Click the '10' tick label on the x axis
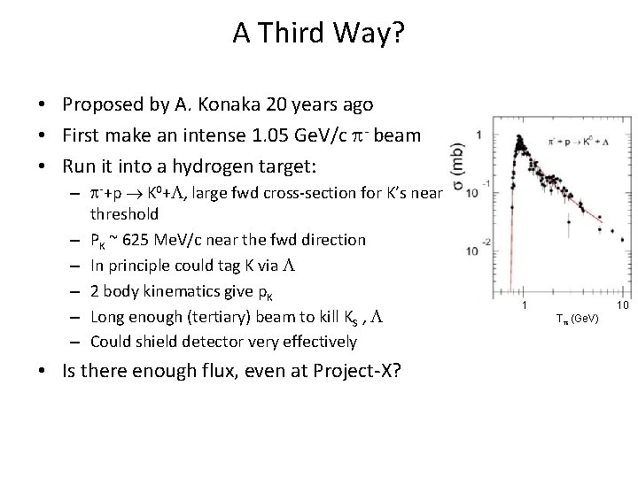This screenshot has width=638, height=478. (x=619, y=305)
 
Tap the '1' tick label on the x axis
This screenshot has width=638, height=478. (x=523, y=305)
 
